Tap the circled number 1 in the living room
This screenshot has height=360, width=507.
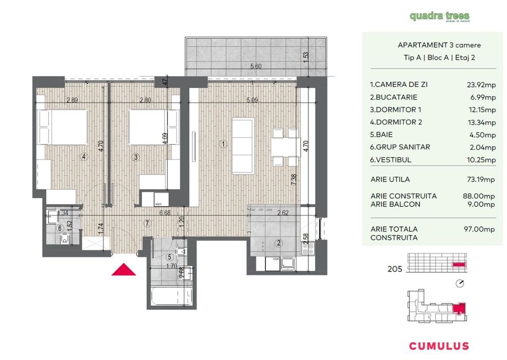[223, 145]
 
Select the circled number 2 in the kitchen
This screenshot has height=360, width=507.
[278, 243]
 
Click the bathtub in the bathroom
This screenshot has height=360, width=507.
[170, 297]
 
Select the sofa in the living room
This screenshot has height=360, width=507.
[243, 145]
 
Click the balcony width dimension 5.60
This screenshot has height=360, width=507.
[255, 66]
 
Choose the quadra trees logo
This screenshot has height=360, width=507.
[439, 16]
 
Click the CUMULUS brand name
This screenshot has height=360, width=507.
[439, 346]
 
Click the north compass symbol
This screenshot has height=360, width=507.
[460, 283]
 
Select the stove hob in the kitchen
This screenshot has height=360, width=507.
[308, 248]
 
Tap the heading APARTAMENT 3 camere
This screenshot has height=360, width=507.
[432, 45]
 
